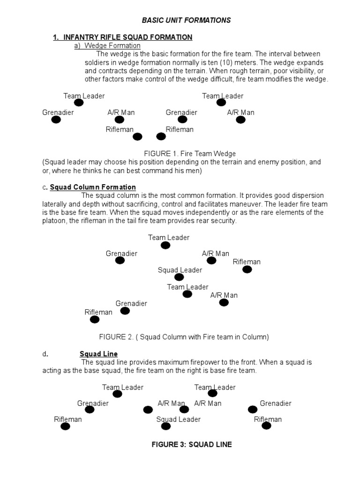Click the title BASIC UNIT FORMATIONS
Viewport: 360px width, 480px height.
[187, 20]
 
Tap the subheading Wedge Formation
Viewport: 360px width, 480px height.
[112, 45]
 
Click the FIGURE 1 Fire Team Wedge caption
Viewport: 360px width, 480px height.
[190, 153]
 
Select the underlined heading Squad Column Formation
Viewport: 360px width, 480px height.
[93, 187]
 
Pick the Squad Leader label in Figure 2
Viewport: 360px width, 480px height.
[180, 270]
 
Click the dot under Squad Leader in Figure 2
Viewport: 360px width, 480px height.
[179, 277]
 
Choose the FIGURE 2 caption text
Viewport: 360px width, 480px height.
[184, 337]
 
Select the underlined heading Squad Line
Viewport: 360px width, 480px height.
[98, 353]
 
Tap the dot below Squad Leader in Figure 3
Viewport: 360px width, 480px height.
[166, 426]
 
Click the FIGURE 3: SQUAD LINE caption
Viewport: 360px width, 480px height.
[192, 444]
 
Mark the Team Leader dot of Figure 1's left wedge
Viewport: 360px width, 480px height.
[79, 103]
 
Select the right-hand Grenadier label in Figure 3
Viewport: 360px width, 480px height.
[276, 403]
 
